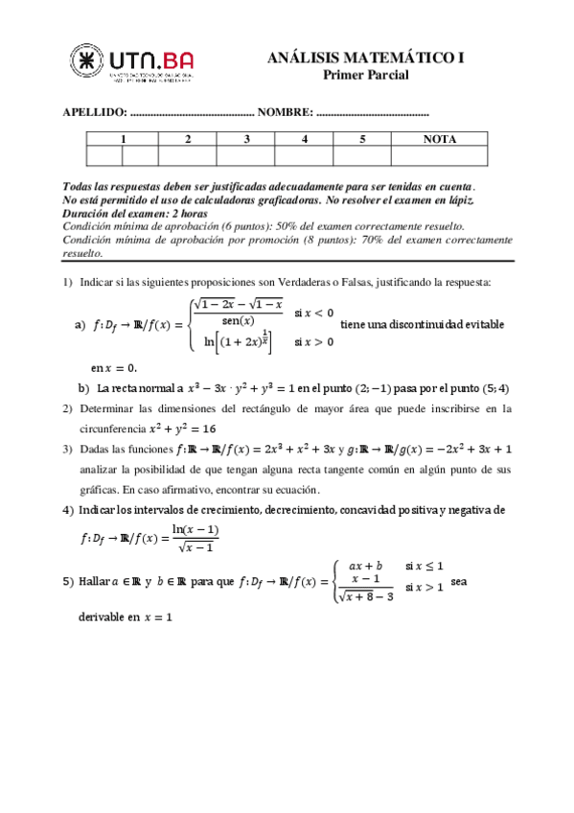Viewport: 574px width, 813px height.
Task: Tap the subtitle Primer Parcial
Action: click(365, 75)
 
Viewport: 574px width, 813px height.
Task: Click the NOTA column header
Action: click(439, 139)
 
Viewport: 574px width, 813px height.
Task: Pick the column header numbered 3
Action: click(246, 139)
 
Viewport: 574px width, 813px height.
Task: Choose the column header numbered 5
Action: click(362, 139)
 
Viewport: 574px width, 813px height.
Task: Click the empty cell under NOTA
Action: click(439, 156)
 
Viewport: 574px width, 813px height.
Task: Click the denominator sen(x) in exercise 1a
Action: click(237, 320)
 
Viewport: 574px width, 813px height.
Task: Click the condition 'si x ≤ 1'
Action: click(425, 567)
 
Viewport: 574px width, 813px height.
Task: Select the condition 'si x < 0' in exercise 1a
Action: click(314, 313)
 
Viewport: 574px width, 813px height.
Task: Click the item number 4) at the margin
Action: click(68, 509)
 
